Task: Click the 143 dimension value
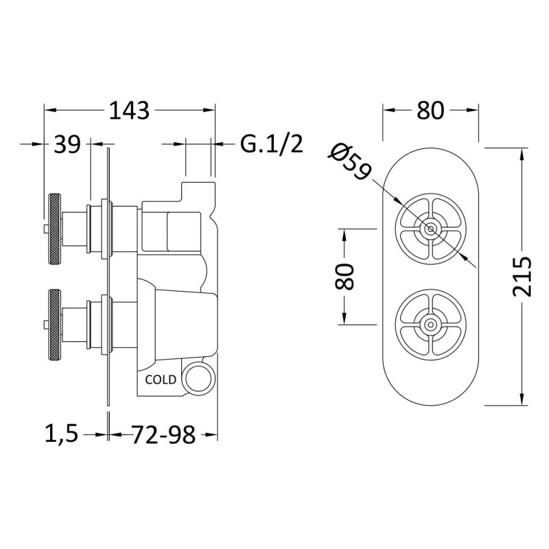click(x=129, y=110)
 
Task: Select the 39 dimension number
click(x=67, y=144)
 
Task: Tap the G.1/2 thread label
click(x=271, y=143)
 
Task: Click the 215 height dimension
click(x=522, y=277)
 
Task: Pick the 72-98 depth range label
click(x=163, y=435)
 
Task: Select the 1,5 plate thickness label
click(x=61, y=434)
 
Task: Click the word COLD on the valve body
click(x=161, y=379)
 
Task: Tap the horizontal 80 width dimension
click(x=430, y=110)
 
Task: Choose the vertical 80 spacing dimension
click(x=344, y=277)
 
